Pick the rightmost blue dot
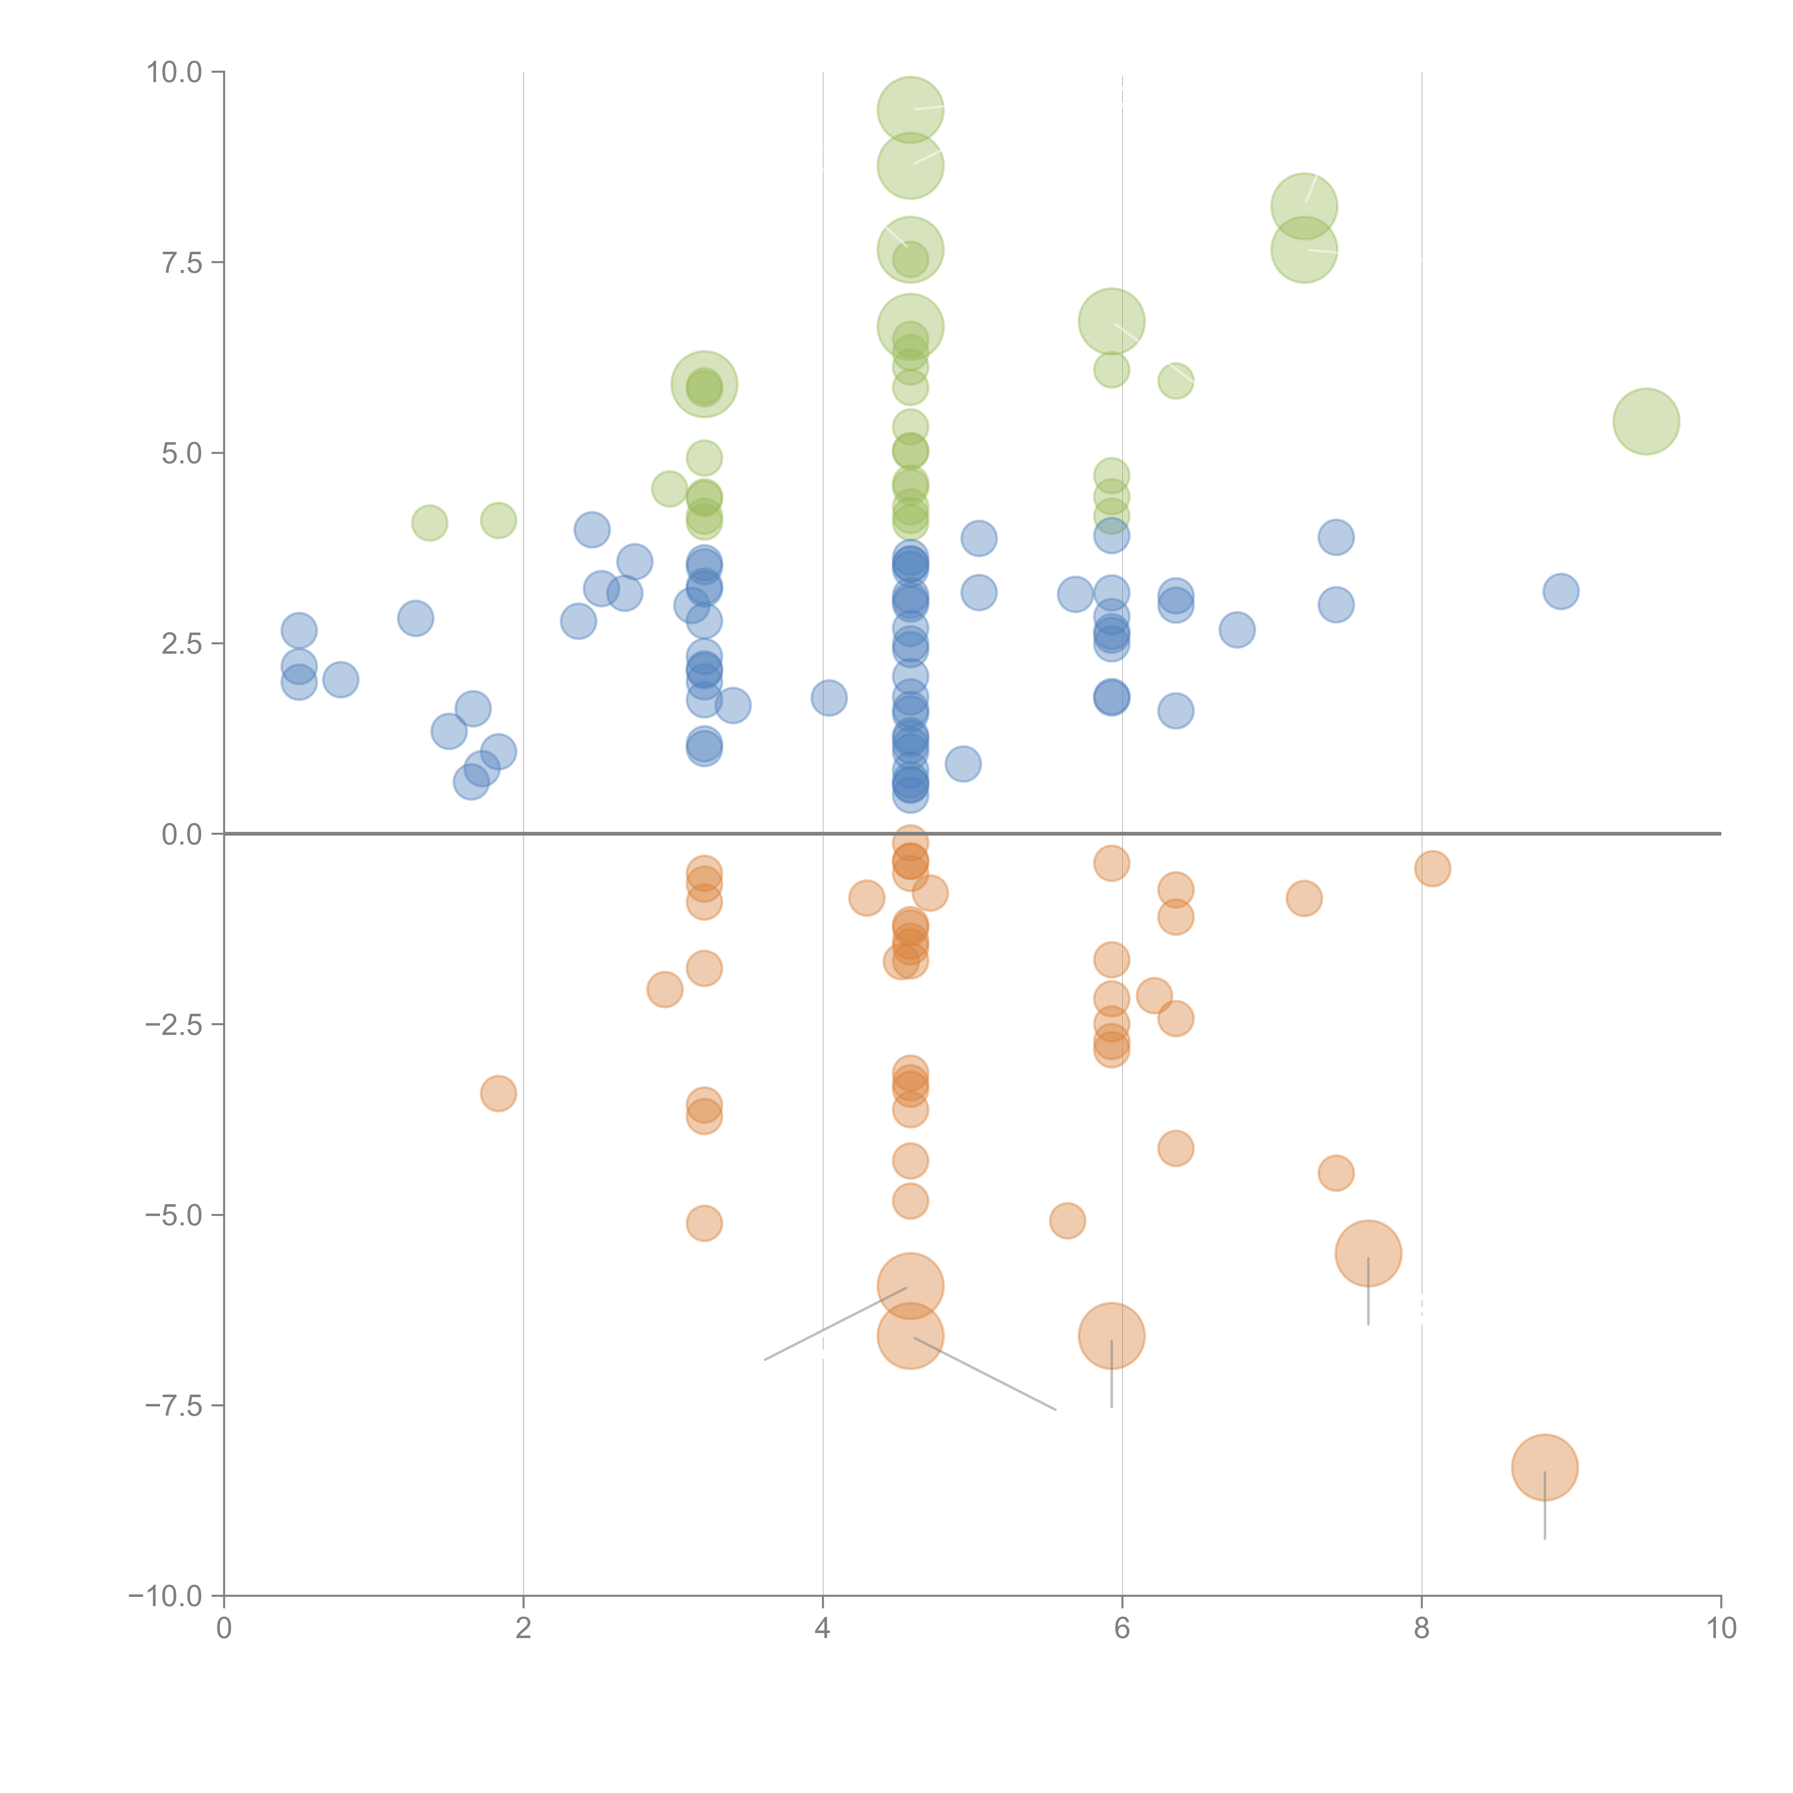(x=1561, y=591)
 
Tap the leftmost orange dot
(x=498, y=1093)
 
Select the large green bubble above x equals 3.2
(x=704, y=384)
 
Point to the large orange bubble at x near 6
(x=1111, y=1335)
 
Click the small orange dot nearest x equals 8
(x=1432, y=869)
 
